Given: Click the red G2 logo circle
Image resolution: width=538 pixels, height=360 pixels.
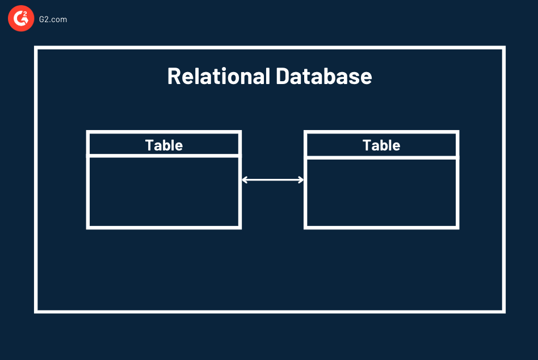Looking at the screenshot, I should [x=21, y=19].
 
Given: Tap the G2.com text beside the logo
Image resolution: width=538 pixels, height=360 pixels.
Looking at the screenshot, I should [x=53, y=19].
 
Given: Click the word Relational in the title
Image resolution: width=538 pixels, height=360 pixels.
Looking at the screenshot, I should [x=218, y=76].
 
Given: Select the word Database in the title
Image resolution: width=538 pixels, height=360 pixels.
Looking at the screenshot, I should [x=324, y=76].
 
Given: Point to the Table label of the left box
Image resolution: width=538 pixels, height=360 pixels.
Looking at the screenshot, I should [x=164, y=145].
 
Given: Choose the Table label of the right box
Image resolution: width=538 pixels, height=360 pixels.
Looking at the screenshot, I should [x=381, y=145].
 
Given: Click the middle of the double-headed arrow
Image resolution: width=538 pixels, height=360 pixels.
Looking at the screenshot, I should [x=273, y=180].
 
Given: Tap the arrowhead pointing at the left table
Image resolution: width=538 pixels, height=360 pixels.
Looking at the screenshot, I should [x=245, y=180].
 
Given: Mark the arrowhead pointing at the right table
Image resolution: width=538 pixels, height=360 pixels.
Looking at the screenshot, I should [x=301, y=180].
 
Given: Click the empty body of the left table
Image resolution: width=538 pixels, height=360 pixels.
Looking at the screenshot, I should [x=164, y=192].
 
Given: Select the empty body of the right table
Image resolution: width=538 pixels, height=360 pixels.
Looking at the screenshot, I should [x=381, y=192].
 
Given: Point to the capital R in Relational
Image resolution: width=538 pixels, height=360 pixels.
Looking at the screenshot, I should [x=174, y=76].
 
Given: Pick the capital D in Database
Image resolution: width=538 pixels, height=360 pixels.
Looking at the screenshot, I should [x=283, y=76].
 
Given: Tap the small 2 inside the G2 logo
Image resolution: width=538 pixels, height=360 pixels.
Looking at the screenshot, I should [x=26, y=15].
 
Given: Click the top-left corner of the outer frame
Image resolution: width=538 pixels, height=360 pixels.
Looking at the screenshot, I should [x=36, y=48].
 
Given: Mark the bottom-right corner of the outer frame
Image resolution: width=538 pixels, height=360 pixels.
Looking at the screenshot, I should [x=503, y=311].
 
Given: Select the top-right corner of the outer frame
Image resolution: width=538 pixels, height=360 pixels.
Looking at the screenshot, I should [x=503, y=48].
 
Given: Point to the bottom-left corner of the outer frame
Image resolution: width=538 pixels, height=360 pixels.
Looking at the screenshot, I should [x=36, y=311].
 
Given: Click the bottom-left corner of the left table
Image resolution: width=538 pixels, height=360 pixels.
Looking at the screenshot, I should [x=88, y=227].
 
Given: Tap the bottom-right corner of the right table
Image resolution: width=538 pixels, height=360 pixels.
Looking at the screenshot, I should [x=457, y=227].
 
